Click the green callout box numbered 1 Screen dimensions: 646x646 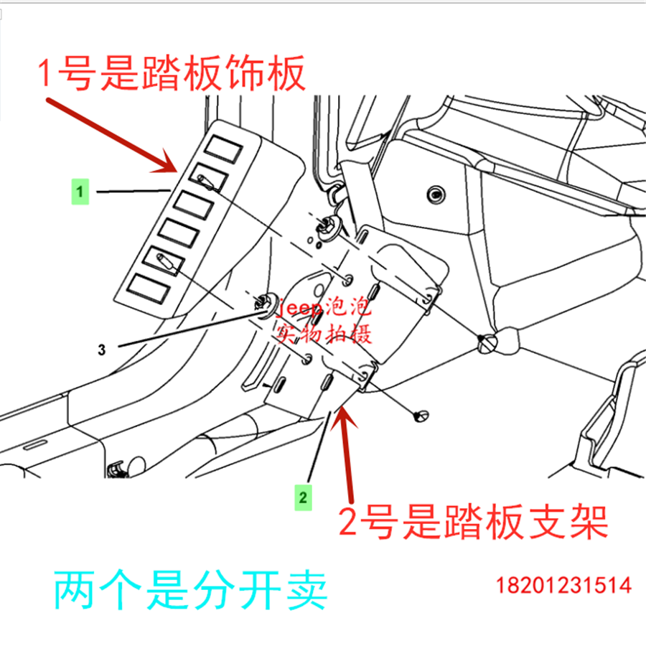(80, 192)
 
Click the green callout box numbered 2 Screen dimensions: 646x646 (304, 496)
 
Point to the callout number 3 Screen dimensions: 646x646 (102, 350)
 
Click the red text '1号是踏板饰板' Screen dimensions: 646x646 (172, 75)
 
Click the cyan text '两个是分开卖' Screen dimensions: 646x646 (190, 590)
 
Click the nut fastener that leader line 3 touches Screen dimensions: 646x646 (267, 304)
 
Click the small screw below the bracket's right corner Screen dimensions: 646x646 (421, 415)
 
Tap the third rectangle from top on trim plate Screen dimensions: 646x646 (192, 203)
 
